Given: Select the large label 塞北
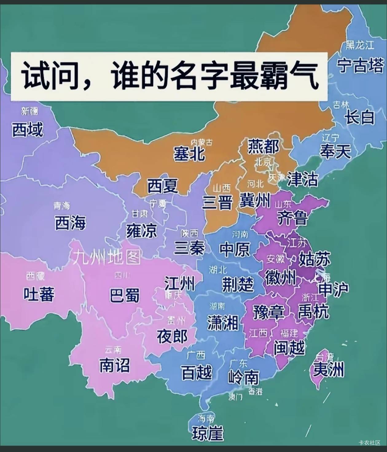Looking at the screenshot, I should [x=189, y=154].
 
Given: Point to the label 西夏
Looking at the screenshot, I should [x=162, y=186].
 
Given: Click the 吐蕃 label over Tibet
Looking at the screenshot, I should [x=39, y=294].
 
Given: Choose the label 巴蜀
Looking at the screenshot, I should [x=124, y=295].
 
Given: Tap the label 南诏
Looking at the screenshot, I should [x=114, y=365].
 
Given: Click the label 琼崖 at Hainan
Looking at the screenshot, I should [x=208, y=433].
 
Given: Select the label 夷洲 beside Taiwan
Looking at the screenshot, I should [x=328, y=370].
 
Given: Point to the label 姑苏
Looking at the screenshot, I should [x=315, y=259].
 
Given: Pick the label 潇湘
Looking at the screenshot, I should [x=223, y=323].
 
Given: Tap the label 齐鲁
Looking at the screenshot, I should [x=292, y=218].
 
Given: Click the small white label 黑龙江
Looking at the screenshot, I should [x=360, y=45].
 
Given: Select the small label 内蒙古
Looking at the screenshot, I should [x=201, y=142].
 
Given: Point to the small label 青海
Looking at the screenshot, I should [x=62, y=206].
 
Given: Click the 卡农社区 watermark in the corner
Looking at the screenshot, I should [x=369, y=442].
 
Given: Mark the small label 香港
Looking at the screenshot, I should [x=256, y=392].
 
